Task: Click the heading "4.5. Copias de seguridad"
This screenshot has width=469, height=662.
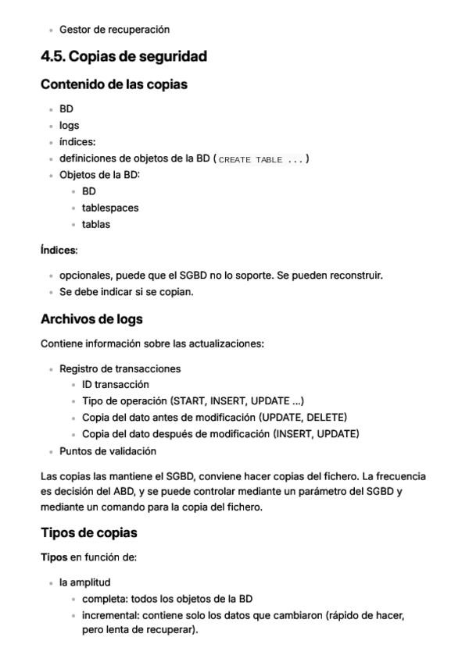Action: click(124, 57)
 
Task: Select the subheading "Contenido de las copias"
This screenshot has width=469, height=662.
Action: click(113, 84)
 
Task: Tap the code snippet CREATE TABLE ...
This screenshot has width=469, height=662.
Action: click(261, 159)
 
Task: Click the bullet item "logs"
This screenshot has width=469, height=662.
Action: click(69, 125)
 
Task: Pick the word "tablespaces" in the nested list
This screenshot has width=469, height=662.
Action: click(110, 208)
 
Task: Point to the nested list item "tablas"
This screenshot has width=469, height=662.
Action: click(96, 224)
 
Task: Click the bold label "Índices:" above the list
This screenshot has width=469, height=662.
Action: click(59, 251)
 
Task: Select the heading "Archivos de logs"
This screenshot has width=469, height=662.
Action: click(91, 319)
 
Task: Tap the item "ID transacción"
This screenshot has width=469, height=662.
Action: click(115, 384)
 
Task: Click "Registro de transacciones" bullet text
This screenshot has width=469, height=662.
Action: click(120, 368)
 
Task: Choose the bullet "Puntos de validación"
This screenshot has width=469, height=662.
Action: click(108, 450)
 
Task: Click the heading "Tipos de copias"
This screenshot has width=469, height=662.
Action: click(89, 532)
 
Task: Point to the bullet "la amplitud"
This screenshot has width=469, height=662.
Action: click(84, 582)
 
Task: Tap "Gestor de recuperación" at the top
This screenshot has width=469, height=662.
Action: click(114, 30)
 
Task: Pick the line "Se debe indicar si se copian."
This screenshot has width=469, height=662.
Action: click(126, 292)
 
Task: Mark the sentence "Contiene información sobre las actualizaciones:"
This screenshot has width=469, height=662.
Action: click(152, 343)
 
